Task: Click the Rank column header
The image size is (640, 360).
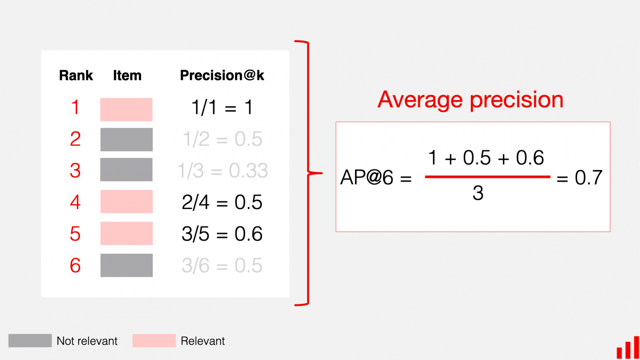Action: coord(76,76)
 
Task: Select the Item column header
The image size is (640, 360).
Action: coord(127,76)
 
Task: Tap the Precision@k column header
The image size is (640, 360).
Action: coord(222,76)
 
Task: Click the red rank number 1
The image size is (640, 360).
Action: coord(75,108)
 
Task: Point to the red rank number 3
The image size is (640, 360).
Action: coord(75,170)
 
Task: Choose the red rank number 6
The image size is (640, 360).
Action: coord(75,266)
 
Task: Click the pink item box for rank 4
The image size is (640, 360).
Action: coord(126,202)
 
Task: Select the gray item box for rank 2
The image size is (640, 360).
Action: coord(126,140)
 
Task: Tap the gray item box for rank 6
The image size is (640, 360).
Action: coord(126,265)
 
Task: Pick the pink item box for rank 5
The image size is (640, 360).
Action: coord(126,233)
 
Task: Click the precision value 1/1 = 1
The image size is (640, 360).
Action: coord(222,108)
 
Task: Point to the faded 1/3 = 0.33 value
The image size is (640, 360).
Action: coord(222,170)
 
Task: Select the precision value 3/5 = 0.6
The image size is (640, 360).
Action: coord(222,234)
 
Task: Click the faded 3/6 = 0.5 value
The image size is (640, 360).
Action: coord(222,266)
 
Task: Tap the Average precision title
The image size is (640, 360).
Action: coord(470,100)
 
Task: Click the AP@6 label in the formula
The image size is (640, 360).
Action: coord(367,178)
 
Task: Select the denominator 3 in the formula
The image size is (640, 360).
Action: coord(478,193)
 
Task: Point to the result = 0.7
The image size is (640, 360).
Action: coord(580,178)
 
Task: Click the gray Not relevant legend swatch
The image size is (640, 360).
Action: coord(30,341)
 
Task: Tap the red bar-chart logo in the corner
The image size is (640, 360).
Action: coord(628,348)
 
